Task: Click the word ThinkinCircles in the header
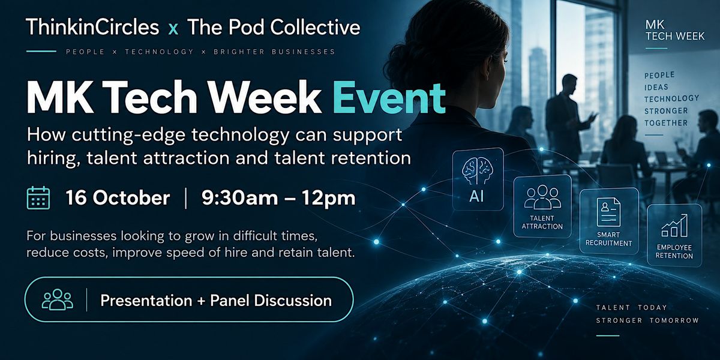(x=92, y=27)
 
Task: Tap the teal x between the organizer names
(x=173, y=29)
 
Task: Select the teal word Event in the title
(x=389, y=97)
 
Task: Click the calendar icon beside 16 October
(x=38, y=198)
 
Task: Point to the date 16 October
(x=118, y=197)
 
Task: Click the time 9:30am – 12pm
(x=278, y=197)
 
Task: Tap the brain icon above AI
(x=478, y=172)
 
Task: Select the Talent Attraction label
(x=542, y=223)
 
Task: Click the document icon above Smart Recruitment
(x=608, y=212)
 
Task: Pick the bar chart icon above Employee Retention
(x=674, y=226)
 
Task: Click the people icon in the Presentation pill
(x=58, y=299)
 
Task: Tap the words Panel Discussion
(x=271, y=301)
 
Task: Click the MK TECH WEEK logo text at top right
(x=674, y=31)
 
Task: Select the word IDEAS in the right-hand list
(x=656, y=88)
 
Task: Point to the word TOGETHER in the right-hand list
(x=665, y=123)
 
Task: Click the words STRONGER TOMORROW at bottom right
(x=647, y=320)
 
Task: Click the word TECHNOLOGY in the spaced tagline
(x=160, y=52)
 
